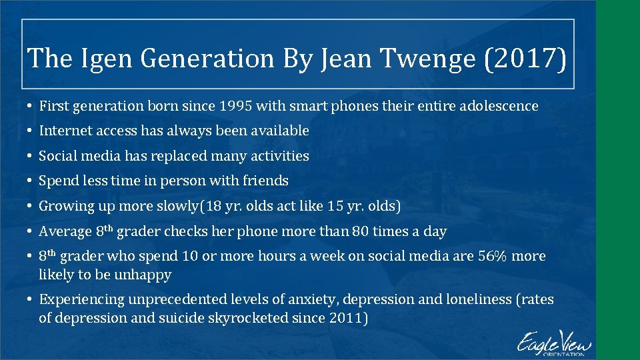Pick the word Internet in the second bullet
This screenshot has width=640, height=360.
coord(64,131)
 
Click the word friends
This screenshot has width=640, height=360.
coord(267,181)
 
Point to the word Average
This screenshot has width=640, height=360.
coord(65,232)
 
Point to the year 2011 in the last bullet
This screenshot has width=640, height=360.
coord(347,318)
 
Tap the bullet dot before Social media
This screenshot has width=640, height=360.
coord(30,156)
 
